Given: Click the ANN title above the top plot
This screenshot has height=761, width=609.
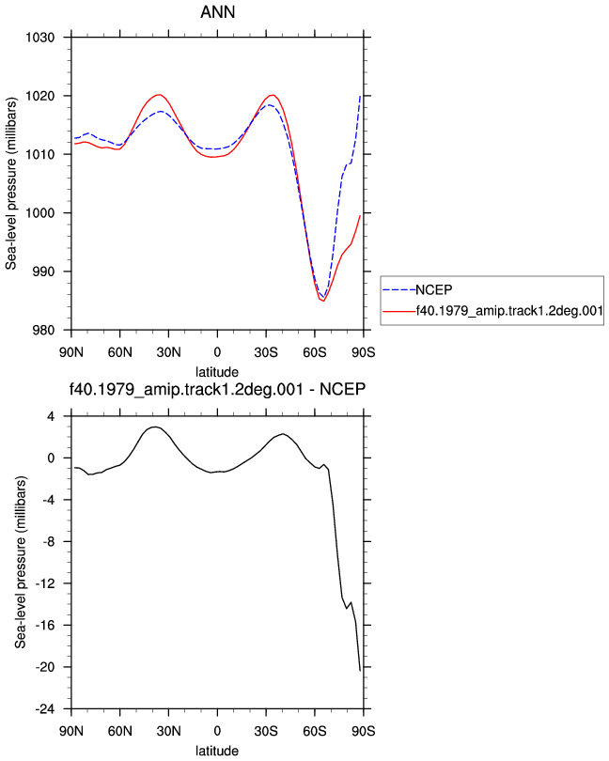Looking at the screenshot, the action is [x=218, y=11].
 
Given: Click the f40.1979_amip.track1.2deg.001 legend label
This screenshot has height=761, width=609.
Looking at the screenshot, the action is [x=509, y=311].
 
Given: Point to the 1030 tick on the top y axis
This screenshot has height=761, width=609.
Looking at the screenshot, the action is [x=39, y=38].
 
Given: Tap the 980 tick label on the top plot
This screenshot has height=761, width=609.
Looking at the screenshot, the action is [x=43, y=330].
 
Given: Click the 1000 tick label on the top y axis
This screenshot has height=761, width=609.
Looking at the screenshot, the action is [x=39, y=213].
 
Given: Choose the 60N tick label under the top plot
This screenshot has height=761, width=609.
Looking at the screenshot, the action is [x=119, y=352].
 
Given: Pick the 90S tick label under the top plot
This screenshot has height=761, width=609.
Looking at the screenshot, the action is [x=364, y=352].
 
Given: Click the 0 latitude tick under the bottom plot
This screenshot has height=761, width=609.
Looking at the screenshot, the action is [x=217, y=731].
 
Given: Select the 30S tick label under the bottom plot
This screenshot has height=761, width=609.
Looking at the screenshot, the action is [x=266, y=731].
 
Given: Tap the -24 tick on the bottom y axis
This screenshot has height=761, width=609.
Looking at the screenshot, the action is [x=45, y=709].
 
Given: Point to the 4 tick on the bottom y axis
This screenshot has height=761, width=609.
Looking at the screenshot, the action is [x=51, y=416].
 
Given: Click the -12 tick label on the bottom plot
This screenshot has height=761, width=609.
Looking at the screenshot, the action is [x=45, y=583].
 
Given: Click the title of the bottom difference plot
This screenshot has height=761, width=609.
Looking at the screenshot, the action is [x=217, y=389].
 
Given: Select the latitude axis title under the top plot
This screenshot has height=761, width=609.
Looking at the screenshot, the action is [x=217, y=372].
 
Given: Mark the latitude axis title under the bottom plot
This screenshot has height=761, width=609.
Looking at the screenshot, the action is [x=217, y=751].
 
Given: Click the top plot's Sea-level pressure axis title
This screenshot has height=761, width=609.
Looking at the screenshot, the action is [x=10, y=183].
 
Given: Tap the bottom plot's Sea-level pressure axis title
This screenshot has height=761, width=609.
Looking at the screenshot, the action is [x=20, y=562].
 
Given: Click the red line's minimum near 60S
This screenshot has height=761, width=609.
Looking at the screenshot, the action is [x=323, y=302].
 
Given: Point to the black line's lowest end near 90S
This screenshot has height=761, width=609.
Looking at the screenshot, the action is [x=360, y=671].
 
